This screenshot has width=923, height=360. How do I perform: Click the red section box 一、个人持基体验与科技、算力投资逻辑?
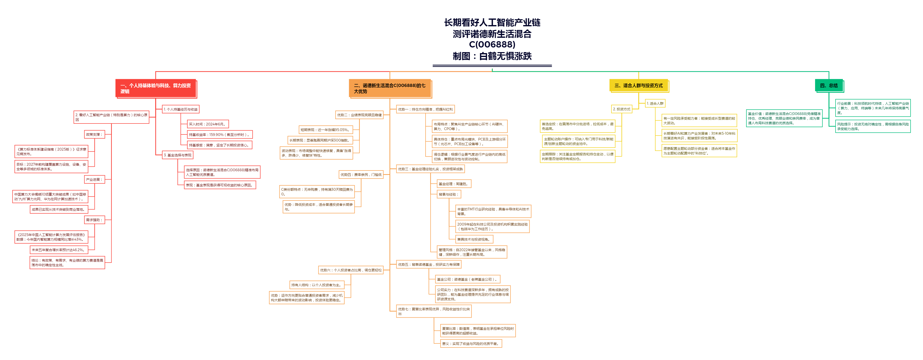156,88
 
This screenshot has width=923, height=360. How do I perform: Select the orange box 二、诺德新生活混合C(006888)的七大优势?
390,88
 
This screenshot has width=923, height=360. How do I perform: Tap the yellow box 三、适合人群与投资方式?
638,85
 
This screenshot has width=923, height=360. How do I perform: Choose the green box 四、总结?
829,85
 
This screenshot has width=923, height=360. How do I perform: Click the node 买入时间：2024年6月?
208,124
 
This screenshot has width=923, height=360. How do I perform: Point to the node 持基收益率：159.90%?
219,135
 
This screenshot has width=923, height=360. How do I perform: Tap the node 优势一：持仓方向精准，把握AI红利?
425,110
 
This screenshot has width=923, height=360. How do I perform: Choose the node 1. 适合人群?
655,104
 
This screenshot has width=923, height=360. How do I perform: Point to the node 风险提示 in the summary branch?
873,126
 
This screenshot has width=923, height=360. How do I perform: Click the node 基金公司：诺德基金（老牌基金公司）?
467,279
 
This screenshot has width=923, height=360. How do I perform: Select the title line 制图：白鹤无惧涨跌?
492,56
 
